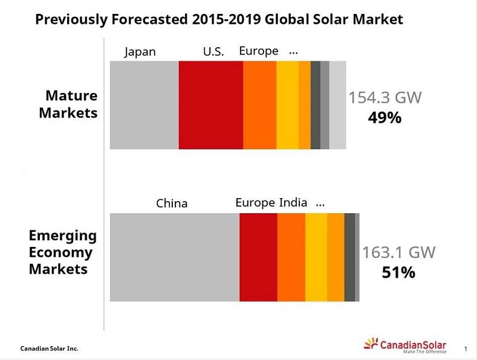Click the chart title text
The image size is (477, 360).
(x=219, y=19)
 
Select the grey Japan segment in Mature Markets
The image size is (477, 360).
(x=144, y=104)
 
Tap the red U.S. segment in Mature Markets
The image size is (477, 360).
(x=210, y=104)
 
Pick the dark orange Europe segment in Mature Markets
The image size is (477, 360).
(x=259, y=104)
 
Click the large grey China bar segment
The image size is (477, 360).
(x=175, y=257)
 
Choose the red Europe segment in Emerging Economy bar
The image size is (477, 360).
(x=258, y=257)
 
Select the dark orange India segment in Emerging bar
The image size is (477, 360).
(x=291, y=257)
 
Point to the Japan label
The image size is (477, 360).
(x=140, y=52)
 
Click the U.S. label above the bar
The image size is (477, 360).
(x=213, y=52)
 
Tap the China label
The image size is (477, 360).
(x=172, y=204)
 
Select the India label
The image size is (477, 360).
(x=293, y=202)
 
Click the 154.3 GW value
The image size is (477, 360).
(x=385, y=98)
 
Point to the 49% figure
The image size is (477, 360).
(x=385, y=117)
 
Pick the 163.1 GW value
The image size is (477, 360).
(x=398, y=252)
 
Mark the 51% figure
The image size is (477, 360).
(x=398, y=272)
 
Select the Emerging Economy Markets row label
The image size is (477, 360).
(x=62, y=252)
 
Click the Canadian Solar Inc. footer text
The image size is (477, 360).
(x=49, y=349)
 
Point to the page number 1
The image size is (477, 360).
(x=466, y=349)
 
